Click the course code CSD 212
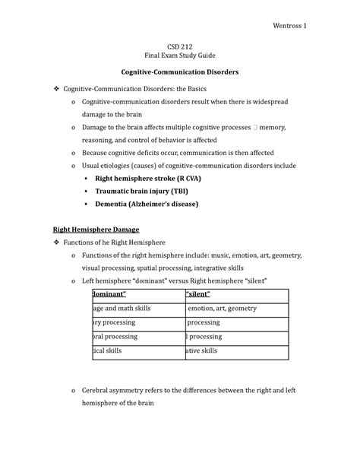(179, 45)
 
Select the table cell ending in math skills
(121, 309)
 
